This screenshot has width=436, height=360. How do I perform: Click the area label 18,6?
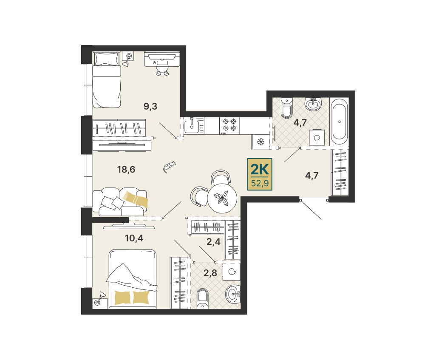click(x=126, y=169)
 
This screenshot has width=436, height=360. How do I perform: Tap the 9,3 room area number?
click(x=150, y=106)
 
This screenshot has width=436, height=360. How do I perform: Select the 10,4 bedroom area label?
click(x=134, y=238)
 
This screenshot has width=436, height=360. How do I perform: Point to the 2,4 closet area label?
click(x=214, y=242)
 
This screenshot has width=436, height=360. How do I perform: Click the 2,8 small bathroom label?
click(x=210, y=273)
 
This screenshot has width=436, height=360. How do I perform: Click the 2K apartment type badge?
click(x=260, y=174)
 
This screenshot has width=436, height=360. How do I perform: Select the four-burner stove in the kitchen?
click(x=229, y=125)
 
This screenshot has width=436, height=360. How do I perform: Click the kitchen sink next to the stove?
click(x=191, y=125)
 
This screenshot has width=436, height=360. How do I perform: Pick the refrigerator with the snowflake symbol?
click(x=260, y=142)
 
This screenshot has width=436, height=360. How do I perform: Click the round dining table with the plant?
click(x=222, y=198)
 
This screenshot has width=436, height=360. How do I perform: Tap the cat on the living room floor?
click(x=169, y=167)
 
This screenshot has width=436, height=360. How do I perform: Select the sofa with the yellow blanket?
click(x=120, y=202)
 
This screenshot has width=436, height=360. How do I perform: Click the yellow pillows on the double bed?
click(x=132, y=298)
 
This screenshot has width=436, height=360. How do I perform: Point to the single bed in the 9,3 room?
click(x=107, y=79)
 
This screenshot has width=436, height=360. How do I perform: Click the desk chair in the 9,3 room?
click(x=162, y=68)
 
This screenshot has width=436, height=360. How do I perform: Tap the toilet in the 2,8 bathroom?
click(x=202, y=298)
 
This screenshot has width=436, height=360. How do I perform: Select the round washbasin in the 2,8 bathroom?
click(x=233, y=295)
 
